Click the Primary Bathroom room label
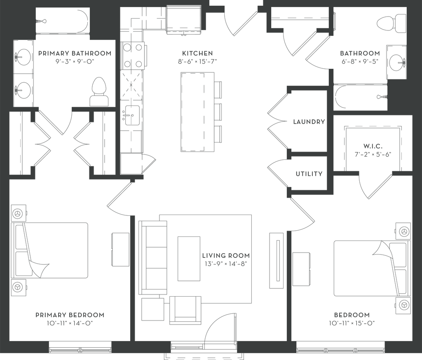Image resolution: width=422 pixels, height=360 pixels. pos(75,53)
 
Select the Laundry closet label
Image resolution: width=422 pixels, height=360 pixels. pos(308,122)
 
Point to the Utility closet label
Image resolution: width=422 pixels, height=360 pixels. pos(308,174)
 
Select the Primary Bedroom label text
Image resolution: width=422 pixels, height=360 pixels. pos(70,315)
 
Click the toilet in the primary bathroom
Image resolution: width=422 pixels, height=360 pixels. pos(98,93)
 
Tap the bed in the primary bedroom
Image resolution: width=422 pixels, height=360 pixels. pos(54,250)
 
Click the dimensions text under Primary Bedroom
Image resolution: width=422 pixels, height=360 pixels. pos(70,323)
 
